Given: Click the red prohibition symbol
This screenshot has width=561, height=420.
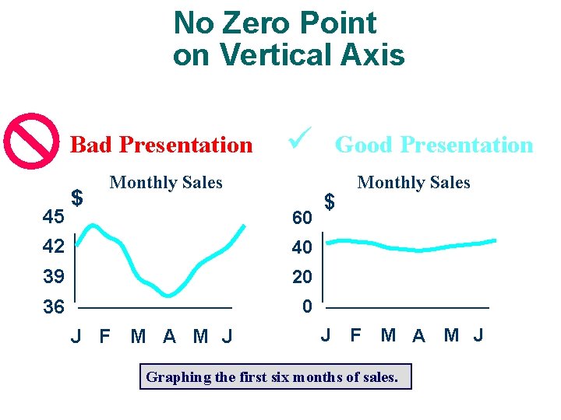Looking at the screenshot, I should pos(31,141).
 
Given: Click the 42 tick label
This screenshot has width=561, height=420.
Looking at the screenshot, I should pos(54,247).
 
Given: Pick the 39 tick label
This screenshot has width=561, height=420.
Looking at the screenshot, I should pos(54,277).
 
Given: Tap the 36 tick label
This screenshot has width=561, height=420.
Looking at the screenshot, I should pos(54,307).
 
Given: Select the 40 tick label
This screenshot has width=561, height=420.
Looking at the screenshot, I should pos(302,248).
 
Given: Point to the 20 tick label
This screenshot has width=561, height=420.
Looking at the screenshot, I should pos(302,278).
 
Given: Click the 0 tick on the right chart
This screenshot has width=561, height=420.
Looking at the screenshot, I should pos(307,307).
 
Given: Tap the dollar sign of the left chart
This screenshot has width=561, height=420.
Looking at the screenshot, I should pos(77,198).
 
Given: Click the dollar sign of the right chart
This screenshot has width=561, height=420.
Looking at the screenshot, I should pos(330,202).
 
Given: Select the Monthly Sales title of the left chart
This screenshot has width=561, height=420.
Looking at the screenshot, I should pos(166,183).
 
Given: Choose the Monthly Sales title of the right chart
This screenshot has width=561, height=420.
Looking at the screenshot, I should pos(414,183).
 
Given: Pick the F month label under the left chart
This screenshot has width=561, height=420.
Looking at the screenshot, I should pos(104,337).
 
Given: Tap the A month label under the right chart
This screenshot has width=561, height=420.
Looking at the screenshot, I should pos(419,336).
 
